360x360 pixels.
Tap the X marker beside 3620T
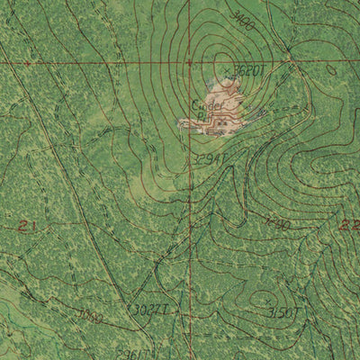click(225, 68)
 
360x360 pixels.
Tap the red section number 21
click(27, 226)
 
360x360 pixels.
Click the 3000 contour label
click(90, 316)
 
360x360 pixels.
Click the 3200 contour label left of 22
click(278, 222)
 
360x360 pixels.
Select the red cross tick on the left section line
click(27, 64)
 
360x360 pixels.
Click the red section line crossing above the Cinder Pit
click(190, 63)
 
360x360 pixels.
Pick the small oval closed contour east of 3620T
click(331, 69)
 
